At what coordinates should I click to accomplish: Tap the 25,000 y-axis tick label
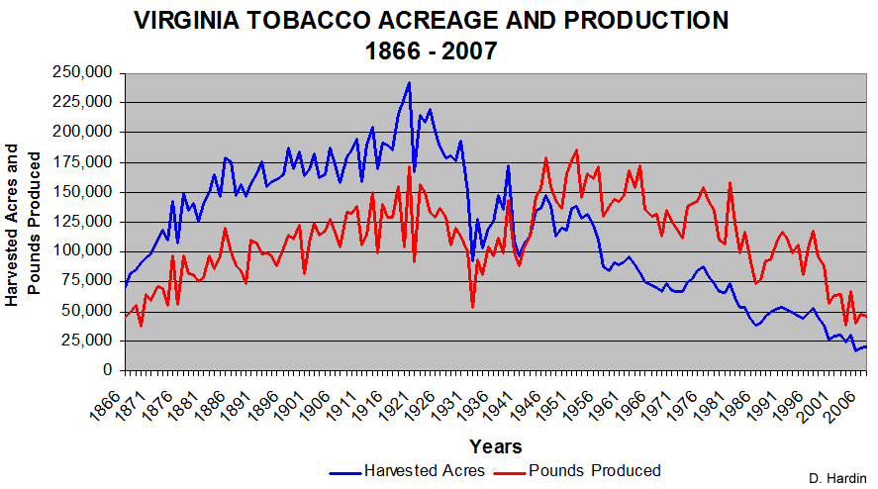(92, 340)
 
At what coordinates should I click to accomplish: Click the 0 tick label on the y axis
(111, 370)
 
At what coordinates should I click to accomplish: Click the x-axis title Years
(496, 446)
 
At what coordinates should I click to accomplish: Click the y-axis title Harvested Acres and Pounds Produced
(21, 224)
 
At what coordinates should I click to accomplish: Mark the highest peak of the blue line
(409, 82)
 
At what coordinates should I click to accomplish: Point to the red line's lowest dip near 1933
(472, 307)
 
